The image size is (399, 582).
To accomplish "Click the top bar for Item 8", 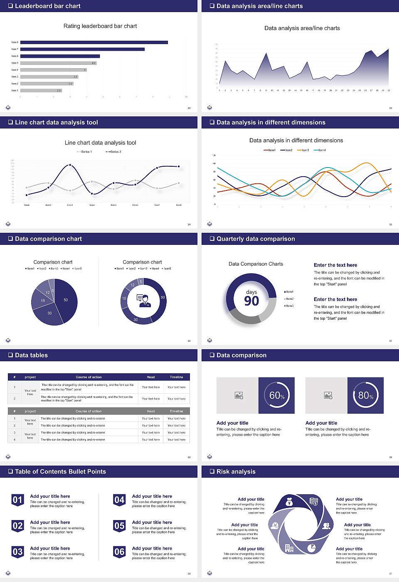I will [94, 42].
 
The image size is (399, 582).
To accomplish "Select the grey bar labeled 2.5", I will [41, 90].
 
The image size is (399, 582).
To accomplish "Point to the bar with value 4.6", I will [58, 63].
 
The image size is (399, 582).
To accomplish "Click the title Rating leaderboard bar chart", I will [100, 26].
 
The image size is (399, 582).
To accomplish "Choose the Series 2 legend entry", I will [113, 152].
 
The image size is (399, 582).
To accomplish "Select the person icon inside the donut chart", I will [144, 301].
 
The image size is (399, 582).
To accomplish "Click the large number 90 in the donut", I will [251, 301].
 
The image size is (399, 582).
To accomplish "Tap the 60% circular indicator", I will [276, 395].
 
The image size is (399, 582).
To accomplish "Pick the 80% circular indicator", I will [365, 395].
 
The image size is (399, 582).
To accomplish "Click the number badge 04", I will [119, 500].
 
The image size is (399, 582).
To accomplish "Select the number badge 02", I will [17, 526].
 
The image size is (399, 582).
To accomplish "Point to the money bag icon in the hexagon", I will [290, 503].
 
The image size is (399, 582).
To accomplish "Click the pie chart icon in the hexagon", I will [311, 548].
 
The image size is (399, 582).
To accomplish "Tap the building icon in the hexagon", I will [289, 548].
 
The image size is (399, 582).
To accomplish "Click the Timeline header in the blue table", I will [176, 377].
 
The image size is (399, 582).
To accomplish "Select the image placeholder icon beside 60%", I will [239, 395].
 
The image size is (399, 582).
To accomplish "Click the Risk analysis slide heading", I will [236, 472].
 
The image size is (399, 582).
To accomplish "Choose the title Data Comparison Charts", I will [256, 264].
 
